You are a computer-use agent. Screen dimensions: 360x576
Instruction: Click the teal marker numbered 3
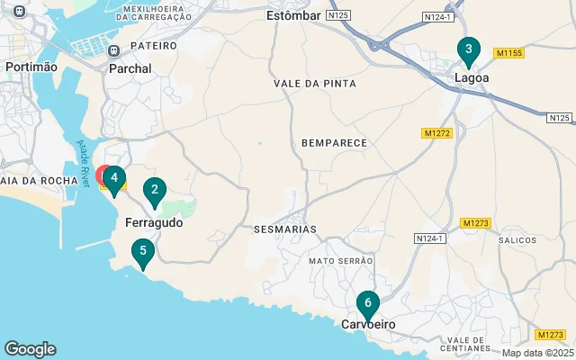[468, 50]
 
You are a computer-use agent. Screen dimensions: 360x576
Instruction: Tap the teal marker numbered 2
[155, 190]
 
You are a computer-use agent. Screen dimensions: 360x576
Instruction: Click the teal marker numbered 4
[114, 178]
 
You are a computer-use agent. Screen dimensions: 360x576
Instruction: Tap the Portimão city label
[31, 67]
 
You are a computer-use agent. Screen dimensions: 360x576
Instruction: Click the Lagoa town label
[472, 78]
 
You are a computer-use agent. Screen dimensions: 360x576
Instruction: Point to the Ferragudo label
[154, 221]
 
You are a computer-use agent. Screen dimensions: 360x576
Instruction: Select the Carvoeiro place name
[368, 324]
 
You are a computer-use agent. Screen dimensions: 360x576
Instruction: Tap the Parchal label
[130, 67]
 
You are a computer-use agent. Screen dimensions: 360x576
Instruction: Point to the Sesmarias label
[285, 229]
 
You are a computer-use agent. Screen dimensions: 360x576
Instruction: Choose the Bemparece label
[334, 143]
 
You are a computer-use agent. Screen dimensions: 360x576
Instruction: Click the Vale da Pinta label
[315, 84]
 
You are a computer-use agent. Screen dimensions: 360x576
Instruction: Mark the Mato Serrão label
[340, 261]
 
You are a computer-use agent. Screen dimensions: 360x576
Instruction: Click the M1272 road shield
[436, 133]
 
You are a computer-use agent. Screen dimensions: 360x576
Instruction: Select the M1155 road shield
[508, 54]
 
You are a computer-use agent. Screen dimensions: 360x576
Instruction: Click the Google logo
[30, 349]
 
